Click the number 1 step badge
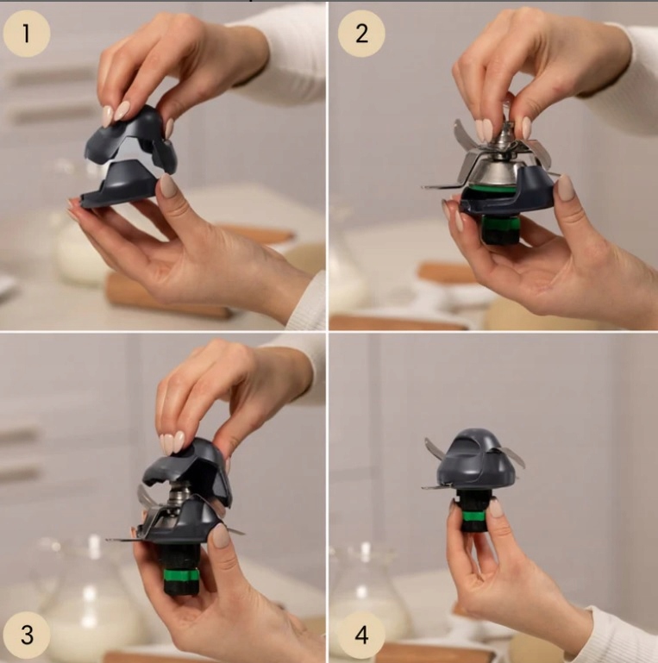[x=27, y=34]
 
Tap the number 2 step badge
[x=361, y=34]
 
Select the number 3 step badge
[x=27, y=635]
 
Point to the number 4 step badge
[x=361, y=635]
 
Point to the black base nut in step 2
[x=500, y=230]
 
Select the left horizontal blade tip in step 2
[x=427, y=186]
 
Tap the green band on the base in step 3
[x=181, y=576]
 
